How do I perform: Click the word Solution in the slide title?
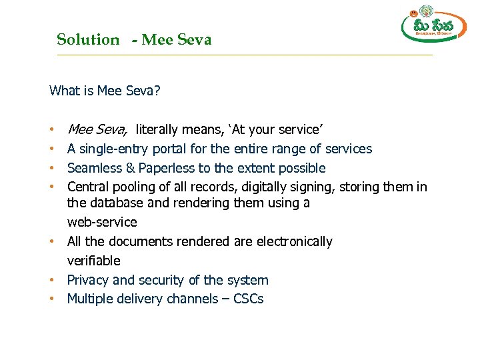coord(87,39)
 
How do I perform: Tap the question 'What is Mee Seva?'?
coord(105,91)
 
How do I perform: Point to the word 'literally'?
coord(160,129)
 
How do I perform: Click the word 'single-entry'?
coord(114,149)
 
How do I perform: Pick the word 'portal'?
coord(171,149)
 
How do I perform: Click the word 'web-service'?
coord(102,222)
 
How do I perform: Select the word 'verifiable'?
coord(94,261)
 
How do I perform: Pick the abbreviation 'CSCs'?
coord(248,299)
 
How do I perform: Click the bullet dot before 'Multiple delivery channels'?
coord(51,299)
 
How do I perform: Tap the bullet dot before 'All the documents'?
coord(51,241)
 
